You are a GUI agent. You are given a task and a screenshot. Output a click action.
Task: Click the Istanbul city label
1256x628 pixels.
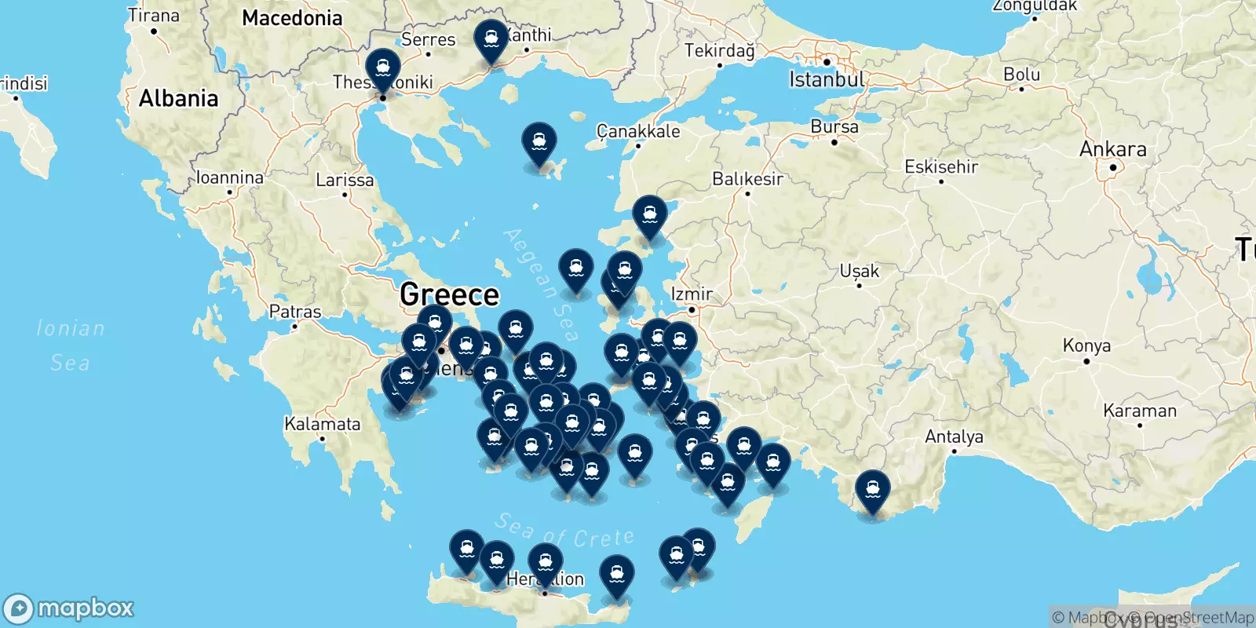pyautogui.click(x=827, y=79)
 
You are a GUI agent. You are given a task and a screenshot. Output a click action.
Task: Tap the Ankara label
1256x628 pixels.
pyautogui.click(x=1112, y=149)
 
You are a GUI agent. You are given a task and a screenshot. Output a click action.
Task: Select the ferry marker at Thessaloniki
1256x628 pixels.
pyautogui.click(x=383, y=69)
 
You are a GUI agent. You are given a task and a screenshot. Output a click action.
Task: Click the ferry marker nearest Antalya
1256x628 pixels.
pyautogui.click(x=872, y=491)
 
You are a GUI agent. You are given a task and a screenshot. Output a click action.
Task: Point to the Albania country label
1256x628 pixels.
pyautogui.click(x=178, y=99)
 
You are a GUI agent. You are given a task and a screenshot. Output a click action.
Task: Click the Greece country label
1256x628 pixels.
pyautogui.click(x=449, y=295)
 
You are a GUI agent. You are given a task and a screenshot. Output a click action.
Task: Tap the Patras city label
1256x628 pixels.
pyautogui.click(x=295, y=312)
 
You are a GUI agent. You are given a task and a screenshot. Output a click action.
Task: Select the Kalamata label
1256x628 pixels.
pyautogui.click(x=322, y=425)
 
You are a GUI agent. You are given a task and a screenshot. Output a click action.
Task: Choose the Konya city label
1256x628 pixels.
pyautogui.click(x=1086, y=346)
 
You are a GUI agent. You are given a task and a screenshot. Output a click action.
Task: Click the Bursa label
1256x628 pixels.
pyautogui.click(x=834, y=127)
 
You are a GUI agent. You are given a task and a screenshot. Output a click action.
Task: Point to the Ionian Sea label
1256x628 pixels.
pyautogui.click(x=71, y=345)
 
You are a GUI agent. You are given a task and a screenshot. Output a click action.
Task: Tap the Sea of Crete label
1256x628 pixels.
pyautogui.click(x=564, y=531)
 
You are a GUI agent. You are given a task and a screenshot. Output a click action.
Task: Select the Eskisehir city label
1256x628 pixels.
pyautogui.click(x=941, y=166)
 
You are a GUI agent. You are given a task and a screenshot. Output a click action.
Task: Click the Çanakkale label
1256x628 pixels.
pyautogui.click(x=638, y=131)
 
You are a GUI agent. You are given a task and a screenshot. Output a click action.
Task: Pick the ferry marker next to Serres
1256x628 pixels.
pyautogui.click(x=491, y=40)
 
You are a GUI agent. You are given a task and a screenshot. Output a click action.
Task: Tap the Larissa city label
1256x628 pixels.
pyautogui.click(x=345, y=181)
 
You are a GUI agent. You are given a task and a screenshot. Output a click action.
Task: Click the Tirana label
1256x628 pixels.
pyautogui.click(x=154, y=16)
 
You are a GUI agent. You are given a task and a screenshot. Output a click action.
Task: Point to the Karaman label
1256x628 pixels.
pyautogui.click(x=1140, y=411)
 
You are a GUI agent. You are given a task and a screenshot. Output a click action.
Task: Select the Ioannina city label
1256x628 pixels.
pyautogui.click(x=229, y=178)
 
